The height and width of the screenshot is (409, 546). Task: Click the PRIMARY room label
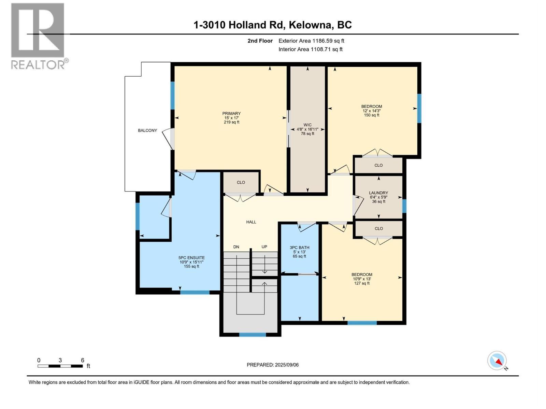[231, 114]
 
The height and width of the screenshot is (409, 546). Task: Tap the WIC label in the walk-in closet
[307, 125]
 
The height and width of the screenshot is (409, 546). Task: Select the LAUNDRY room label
[378, 193]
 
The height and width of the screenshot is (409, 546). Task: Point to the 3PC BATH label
[299, 248]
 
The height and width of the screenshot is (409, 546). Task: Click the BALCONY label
[147, 131]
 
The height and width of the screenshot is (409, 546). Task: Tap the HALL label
[251, 222]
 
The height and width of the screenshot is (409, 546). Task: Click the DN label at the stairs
[236, 247]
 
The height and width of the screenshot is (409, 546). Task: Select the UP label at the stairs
[264, 247]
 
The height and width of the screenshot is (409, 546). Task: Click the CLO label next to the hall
[241, 183]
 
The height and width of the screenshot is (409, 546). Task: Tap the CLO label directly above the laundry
[378, 165]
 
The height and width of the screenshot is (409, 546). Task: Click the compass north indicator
[498, 361]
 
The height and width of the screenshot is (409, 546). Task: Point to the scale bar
[60, 366]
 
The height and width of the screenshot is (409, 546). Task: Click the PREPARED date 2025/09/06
[273, 365]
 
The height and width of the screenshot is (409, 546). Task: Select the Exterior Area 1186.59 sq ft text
[311, 41]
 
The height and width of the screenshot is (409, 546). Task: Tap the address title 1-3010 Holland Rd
[272, 25]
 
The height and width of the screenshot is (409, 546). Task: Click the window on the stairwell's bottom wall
[253, 335]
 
